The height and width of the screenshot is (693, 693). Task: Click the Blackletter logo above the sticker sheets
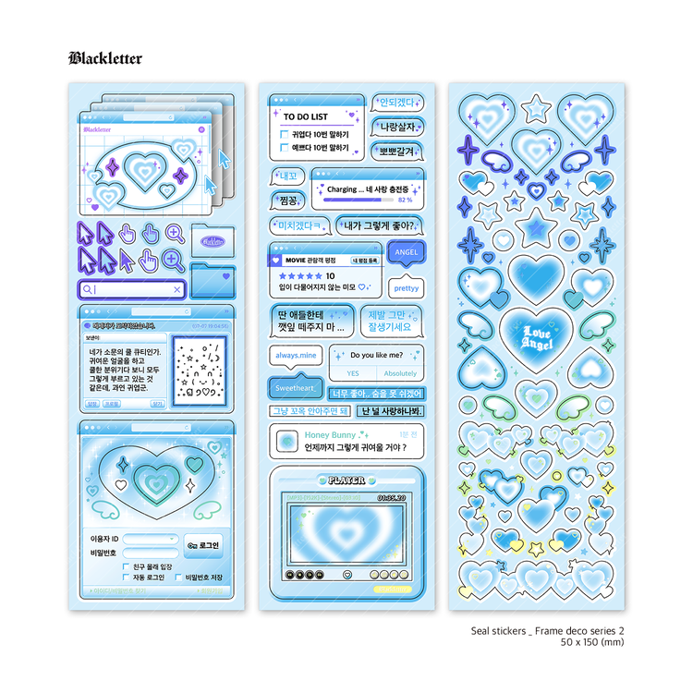pyautogui.click(x=105, y=58)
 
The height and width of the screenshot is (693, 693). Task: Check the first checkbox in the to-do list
pyautogui.click(x=285, y=134)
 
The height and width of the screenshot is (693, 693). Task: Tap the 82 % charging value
pyautogui.click(x=405, y=199)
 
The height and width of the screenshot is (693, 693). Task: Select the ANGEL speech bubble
pyautogui.click(x=406, y=251)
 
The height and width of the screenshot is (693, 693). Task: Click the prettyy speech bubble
pyautogui.click(x=406, y=288)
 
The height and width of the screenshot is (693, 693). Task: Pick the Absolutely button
pyautogui.click(x=400, y=373)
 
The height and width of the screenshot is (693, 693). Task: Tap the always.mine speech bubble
pyautogui.click(x=296, y=355)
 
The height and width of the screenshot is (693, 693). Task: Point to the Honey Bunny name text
pyautogui.click(x=330, y=434)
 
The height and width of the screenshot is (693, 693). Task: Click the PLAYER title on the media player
pyautogui.click(x=346, y=480)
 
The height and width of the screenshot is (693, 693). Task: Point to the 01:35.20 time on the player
pyautogui.click(x=392, y=496)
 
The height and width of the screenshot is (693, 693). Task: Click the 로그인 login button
pyautogui.click(x=203, y=546)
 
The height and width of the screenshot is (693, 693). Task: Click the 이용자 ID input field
pyautogui.click(x=151, y=539)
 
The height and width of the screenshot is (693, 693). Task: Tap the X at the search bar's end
pyautogui.click(x=177, y=289)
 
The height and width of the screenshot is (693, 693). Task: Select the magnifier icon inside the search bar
pyautogui.click(x=88, y=289)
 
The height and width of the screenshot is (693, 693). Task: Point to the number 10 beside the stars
pyautogui.click(x=330, y=275)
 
